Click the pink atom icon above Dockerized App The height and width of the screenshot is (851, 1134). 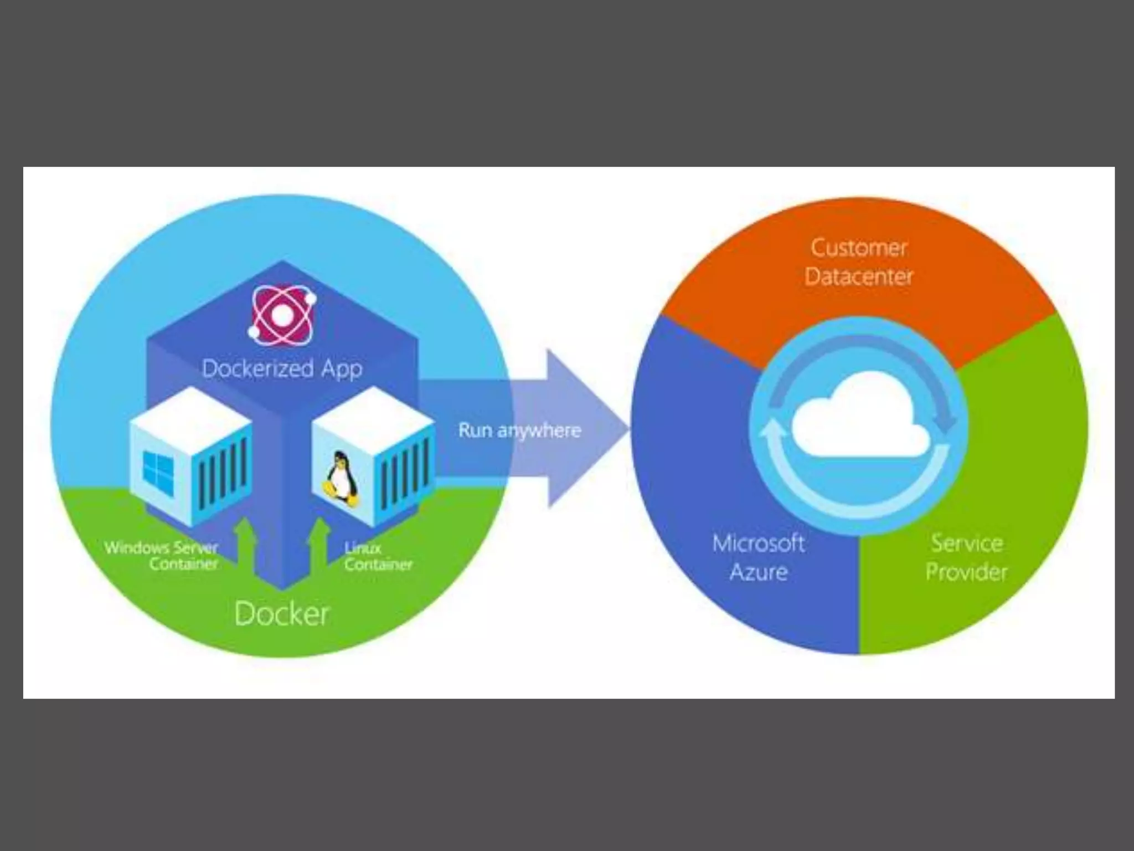pyautogui.click(x=282, y=314)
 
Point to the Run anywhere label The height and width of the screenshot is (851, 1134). pyautogui.click(x=519, y=430)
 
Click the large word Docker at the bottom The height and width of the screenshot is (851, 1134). pyautogui.click(x=282, y=614)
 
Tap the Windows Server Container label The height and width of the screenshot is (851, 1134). pyautogui.click(x=162, y=556)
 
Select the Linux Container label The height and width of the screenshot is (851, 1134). pyautogui.click(x=378, y=556)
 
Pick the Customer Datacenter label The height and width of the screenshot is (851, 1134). pyautogui.click(x=859, y=262)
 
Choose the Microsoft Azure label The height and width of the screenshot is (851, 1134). pyautogui.click(x=759, y=557)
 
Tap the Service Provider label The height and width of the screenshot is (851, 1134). pyautogui.click(x=966, y=557)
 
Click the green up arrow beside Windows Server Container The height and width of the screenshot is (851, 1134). pyautogui.click(x=245, y=546)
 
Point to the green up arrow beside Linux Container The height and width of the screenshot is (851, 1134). pyautogui.click(x=319, y=546)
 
